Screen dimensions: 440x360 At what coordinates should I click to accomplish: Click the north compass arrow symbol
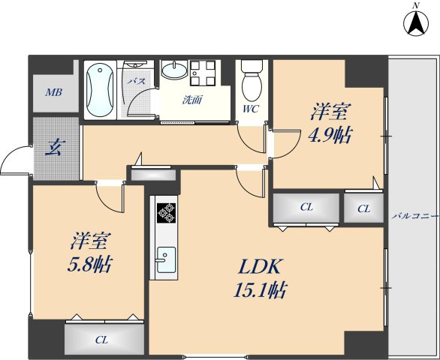[416, 23]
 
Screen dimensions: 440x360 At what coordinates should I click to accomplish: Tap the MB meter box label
[54, 92]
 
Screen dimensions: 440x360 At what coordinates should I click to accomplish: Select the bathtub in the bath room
[100, 90]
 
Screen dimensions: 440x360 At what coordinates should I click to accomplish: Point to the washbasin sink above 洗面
[174, 70]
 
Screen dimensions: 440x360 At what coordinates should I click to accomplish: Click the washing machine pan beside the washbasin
[203, 73]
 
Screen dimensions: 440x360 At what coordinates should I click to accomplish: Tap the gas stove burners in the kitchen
[167, 213]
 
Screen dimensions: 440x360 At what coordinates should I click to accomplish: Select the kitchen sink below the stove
[166, 259]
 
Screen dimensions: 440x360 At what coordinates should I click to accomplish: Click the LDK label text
[259, 267]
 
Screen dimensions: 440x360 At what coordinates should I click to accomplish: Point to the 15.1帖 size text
[260, 290]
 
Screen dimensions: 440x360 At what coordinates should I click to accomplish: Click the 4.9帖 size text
[330, 136]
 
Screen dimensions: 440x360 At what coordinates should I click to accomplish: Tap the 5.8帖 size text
[90, 264]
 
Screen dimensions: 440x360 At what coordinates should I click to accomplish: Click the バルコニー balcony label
[414, 216]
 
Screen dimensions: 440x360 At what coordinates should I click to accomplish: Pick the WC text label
[251, 109]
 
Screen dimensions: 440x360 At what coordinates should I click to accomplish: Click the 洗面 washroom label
[192, 100]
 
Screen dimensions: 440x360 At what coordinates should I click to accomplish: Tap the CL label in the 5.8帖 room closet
[101, 340]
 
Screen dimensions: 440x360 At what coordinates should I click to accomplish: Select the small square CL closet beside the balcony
[363, 208]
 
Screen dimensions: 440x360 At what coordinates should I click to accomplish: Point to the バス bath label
[137, 82]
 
